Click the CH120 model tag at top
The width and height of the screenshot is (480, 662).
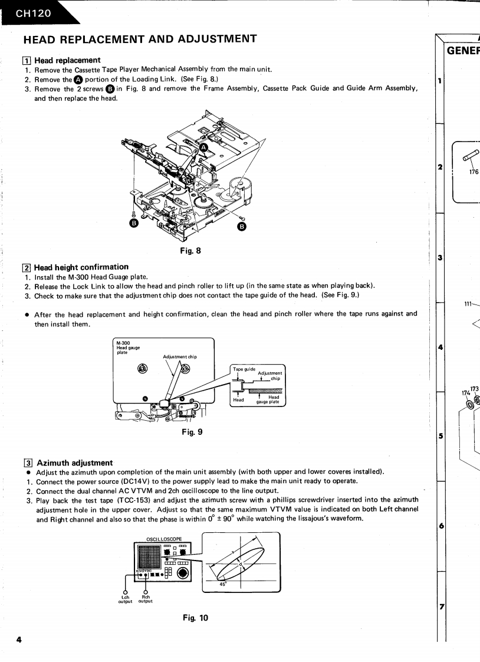coord(32,12)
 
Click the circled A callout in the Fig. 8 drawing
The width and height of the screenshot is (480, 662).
coord(203,149)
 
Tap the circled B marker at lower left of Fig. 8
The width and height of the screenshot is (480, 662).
coord(134,224)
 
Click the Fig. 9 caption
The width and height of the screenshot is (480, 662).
coord(192,432)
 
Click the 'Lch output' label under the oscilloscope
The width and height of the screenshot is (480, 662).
coord(125,598)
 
